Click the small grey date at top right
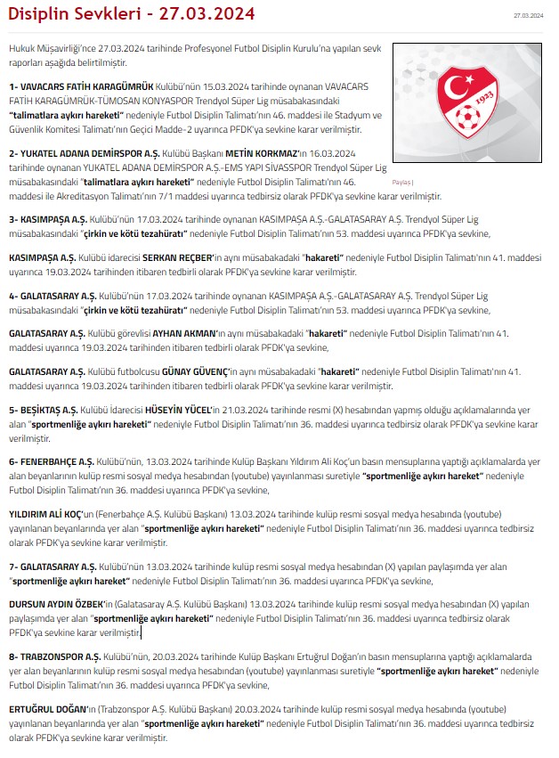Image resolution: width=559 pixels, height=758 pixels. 528,15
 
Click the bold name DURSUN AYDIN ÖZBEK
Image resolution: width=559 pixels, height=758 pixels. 52,604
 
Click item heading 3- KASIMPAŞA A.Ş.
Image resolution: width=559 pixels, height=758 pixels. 50,218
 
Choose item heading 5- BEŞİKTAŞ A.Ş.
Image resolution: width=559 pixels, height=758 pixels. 44,410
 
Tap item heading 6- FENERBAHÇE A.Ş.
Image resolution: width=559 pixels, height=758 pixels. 53,462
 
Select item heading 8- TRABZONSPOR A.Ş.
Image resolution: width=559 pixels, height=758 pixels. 54,656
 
